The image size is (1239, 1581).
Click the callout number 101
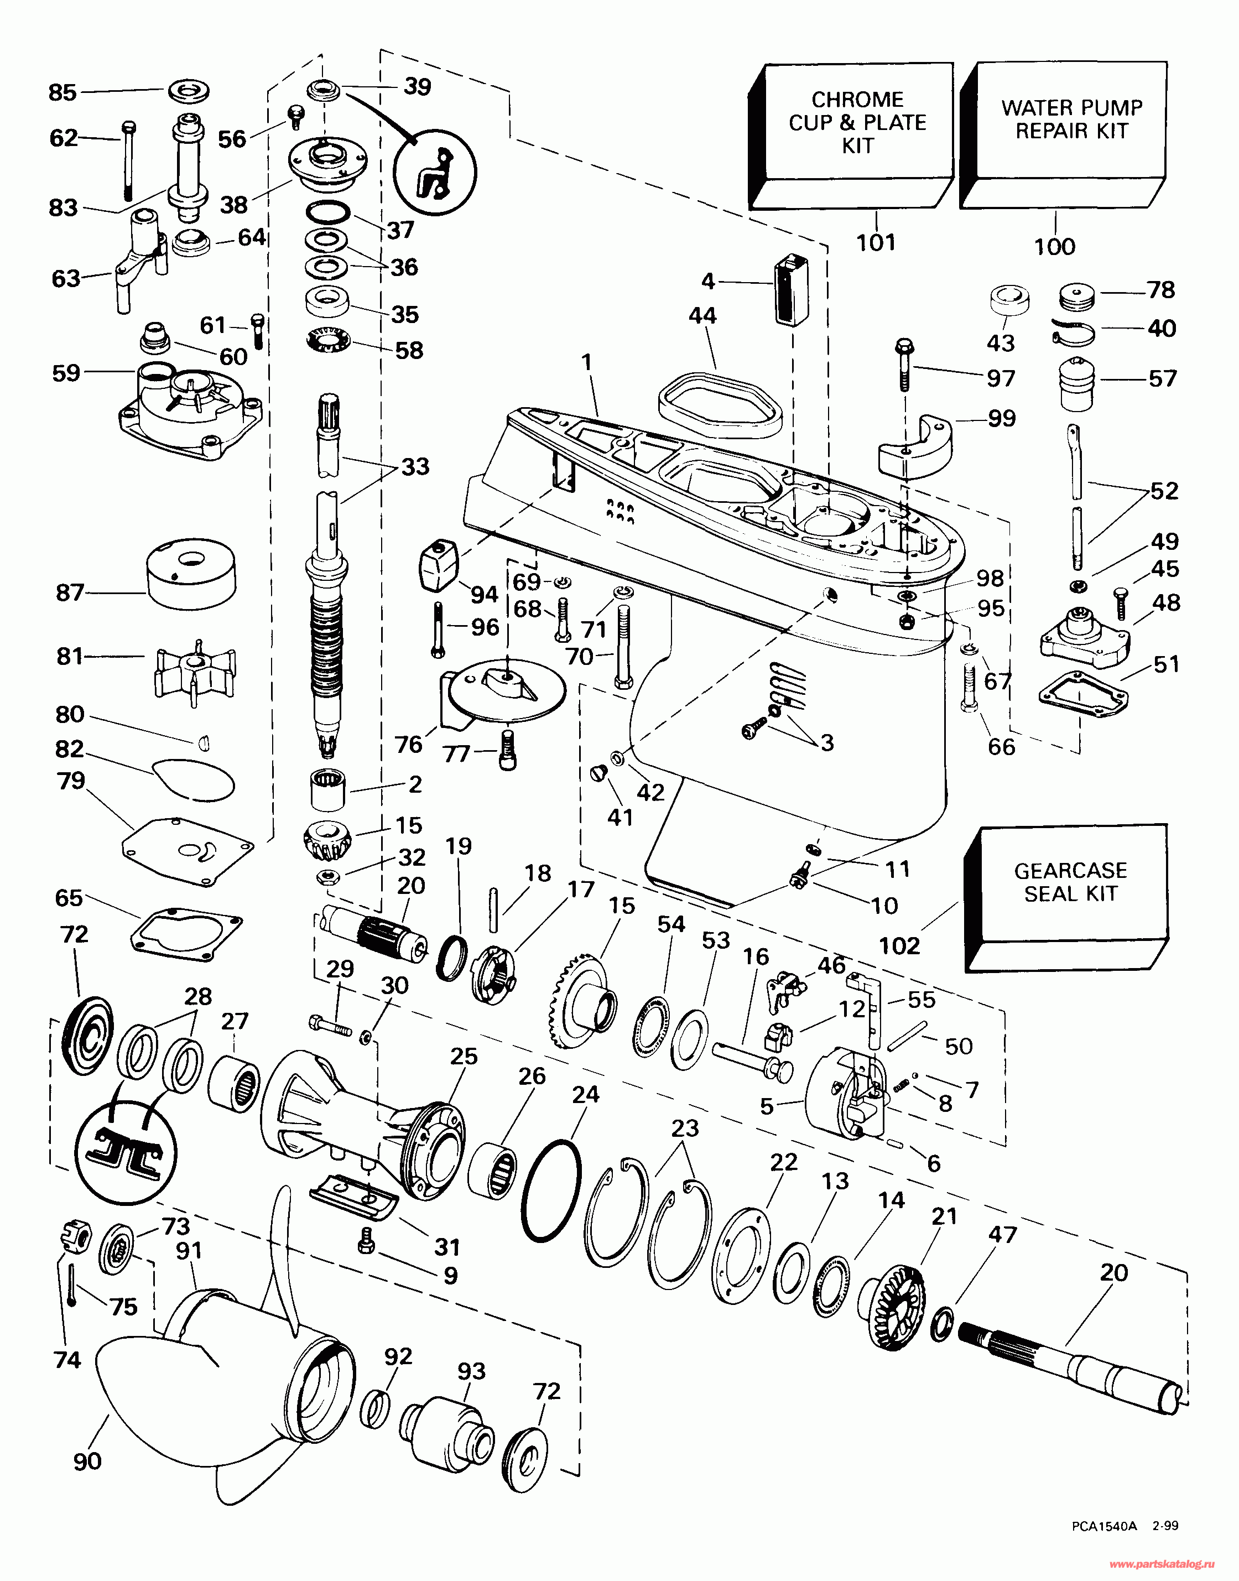point(876,242)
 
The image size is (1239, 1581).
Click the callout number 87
point(70,593)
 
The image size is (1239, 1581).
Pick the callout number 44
point(702,316)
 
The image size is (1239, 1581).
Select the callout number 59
point(66,373)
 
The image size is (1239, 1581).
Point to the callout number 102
point(899,945)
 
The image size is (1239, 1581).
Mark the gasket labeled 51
point(1083,699)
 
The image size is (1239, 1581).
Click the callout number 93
point(471,1371)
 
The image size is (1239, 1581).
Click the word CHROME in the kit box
point(857,100)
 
